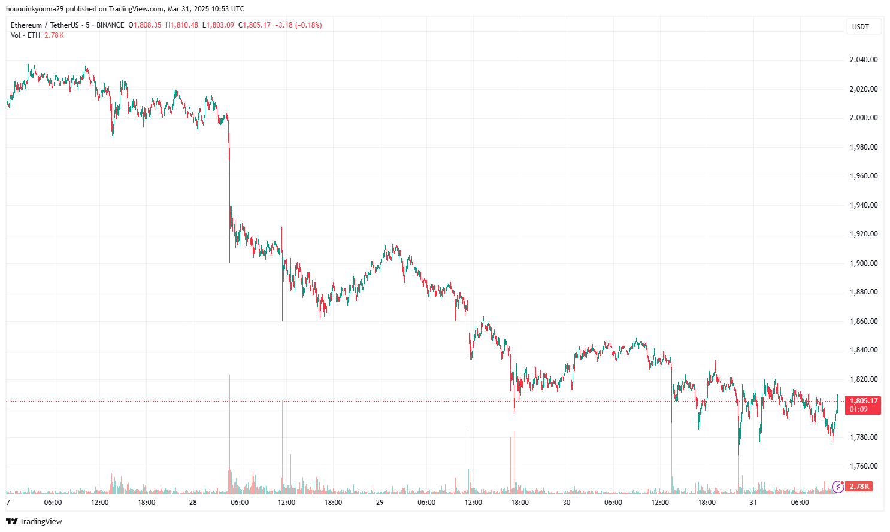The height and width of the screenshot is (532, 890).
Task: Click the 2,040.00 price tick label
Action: click(x=864, y=60)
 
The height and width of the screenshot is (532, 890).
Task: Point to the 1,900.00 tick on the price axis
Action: click(x=864, y=263)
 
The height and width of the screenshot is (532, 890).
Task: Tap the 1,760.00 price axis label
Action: click(x=864, y=466)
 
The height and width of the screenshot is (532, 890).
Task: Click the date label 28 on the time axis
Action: click(x=193, y=503)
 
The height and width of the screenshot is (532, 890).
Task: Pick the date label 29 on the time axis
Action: click(x=380, y=503)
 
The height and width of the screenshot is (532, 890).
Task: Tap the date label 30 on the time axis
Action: click(x=567, y=503)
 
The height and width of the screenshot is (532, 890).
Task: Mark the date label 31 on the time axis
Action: click(x=753, y=503)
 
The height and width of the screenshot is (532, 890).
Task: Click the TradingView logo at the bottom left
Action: click(x=34, y=521)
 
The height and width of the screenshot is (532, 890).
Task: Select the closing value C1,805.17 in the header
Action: click(x=255, y=25)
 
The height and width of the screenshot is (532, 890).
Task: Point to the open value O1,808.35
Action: click(x=145, y=25)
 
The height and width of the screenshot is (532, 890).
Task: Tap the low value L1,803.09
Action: click(x=218, y=25)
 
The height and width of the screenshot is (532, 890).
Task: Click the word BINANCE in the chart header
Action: click(x=110, y=25)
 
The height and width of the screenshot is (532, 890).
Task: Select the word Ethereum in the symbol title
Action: click(x=26, y=25)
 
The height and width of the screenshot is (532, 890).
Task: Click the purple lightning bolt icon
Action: click(x=838, y=487)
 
